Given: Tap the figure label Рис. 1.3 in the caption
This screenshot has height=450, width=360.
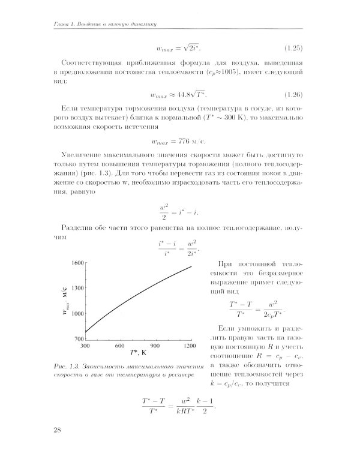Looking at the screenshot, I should (64, 365).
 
